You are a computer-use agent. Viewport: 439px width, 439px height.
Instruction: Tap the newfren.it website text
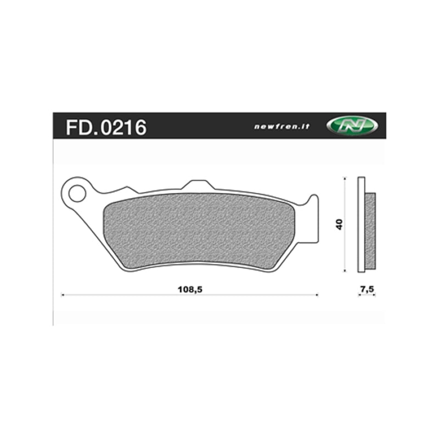point(282,126)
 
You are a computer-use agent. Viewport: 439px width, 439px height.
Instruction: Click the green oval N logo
point(352,125)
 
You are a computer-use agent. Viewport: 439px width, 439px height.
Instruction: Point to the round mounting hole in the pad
point(77,193)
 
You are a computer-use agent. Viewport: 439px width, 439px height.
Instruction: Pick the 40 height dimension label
point(340,224)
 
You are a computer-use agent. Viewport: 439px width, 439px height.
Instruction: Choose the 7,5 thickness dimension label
point(367,288)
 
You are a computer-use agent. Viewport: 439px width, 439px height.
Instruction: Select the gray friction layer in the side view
point(370,230)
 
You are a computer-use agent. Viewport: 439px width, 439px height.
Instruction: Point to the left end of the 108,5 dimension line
point(61,295)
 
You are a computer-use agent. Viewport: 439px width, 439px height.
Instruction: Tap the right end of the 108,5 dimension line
point(317,295)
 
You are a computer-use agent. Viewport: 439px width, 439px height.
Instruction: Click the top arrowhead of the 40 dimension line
point(344,179)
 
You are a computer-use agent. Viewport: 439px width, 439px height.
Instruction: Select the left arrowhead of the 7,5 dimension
point(359,295)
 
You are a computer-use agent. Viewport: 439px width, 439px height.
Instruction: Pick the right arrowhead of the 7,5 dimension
point(375,295)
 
